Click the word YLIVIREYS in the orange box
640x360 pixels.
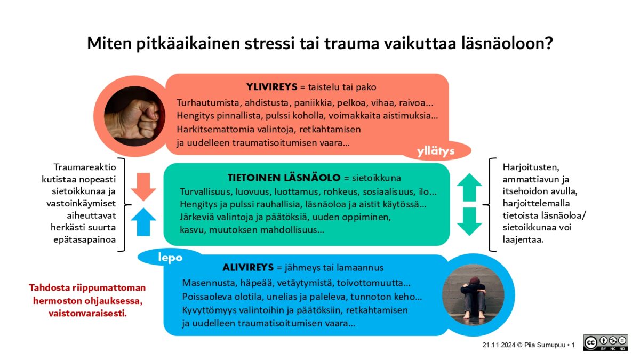pyautogui.click(x=271, y=87)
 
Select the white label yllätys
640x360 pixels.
pyautogui.click(x=436, y=152)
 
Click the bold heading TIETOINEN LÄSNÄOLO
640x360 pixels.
pyautogui.click(x=284, y=178)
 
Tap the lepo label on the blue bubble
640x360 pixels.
pyautogui.click(x=170, y=258)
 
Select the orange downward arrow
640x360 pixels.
pyautogui.click(x=143, y=186)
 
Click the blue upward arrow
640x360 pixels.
pyautogui.click(x=143, y=221)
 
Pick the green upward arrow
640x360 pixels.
pyautogui.click(x=469, y=187)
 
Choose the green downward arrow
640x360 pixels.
pyautogui.click(x=469, y=221)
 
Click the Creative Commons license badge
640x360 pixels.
pyautogui.click(x=605, y=343)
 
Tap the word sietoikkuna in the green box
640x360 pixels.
pyautogui.click(x=379, y=178)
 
